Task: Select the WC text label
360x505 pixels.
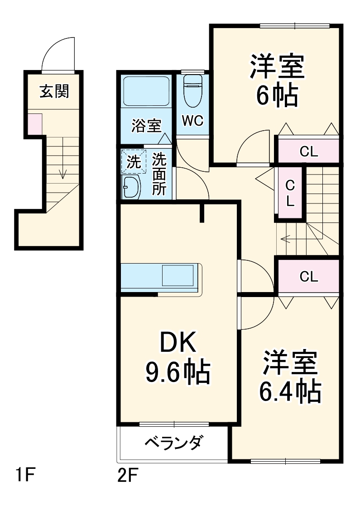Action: pyautogui.click(x=192, y=121)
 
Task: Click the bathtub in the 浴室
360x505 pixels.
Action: pyautogui.click(x=146, y=93)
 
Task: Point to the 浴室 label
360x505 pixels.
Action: pyautogui.click(x=146, y=125)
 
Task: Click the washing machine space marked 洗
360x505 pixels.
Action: pyautogui.click(x=134, y=162)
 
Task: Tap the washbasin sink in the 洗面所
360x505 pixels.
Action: pyautogui.click(x=131, y=187)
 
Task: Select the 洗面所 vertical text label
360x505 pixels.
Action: pyautogui.click(x=158, y=174)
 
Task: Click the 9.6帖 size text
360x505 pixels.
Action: pyautogui.click(x=178, y=372)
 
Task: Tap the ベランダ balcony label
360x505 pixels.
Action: pyautogui.click(x=173, y=443)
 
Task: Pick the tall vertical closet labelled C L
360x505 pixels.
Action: pyautogui.click(x=290, y=194)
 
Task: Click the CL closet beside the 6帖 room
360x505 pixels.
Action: pyautogui.click(x=309, y=151)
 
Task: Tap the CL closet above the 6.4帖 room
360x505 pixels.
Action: pyautogui.click(x=309, y=276)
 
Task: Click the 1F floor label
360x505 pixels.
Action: pyautogui.click(x=24, y=476)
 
